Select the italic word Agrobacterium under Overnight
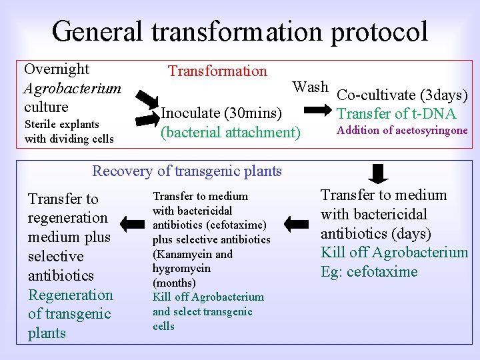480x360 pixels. [72, 88]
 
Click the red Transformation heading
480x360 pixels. [217, 71]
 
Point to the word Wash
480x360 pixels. [310, 87]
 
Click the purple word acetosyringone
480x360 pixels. [424, 131]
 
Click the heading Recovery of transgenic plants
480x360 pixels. [187, 171]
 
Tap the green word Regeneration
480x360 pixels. [71, 295]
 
